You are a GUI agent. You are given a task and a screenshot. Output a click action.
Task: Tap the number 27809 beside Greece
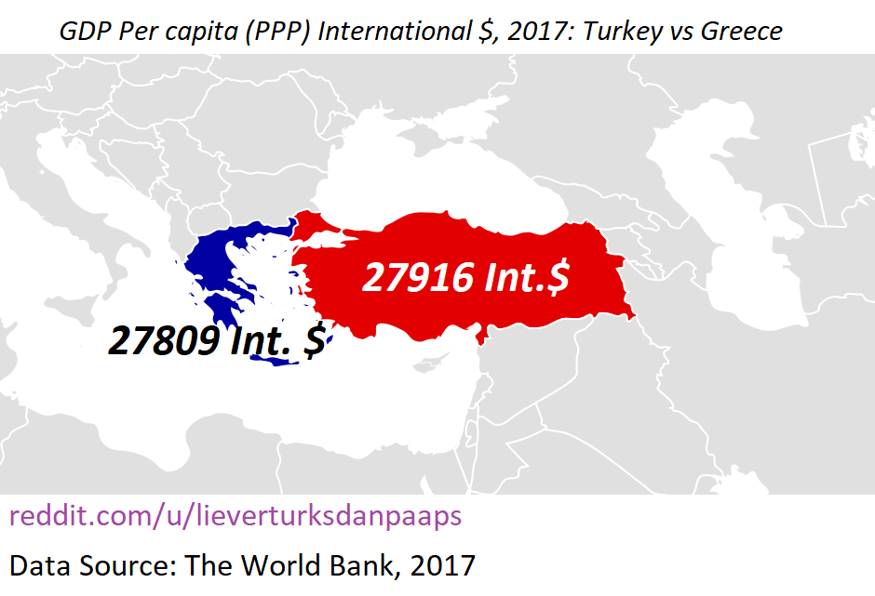162,341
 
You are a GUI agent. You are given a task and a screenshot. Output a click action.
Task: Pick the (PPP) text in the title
279,31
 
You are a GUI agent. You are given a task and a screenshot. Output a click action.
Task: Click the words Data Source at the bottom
91,564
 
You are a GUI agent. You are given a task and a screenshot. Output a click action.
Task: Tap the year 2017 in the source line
441,564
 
